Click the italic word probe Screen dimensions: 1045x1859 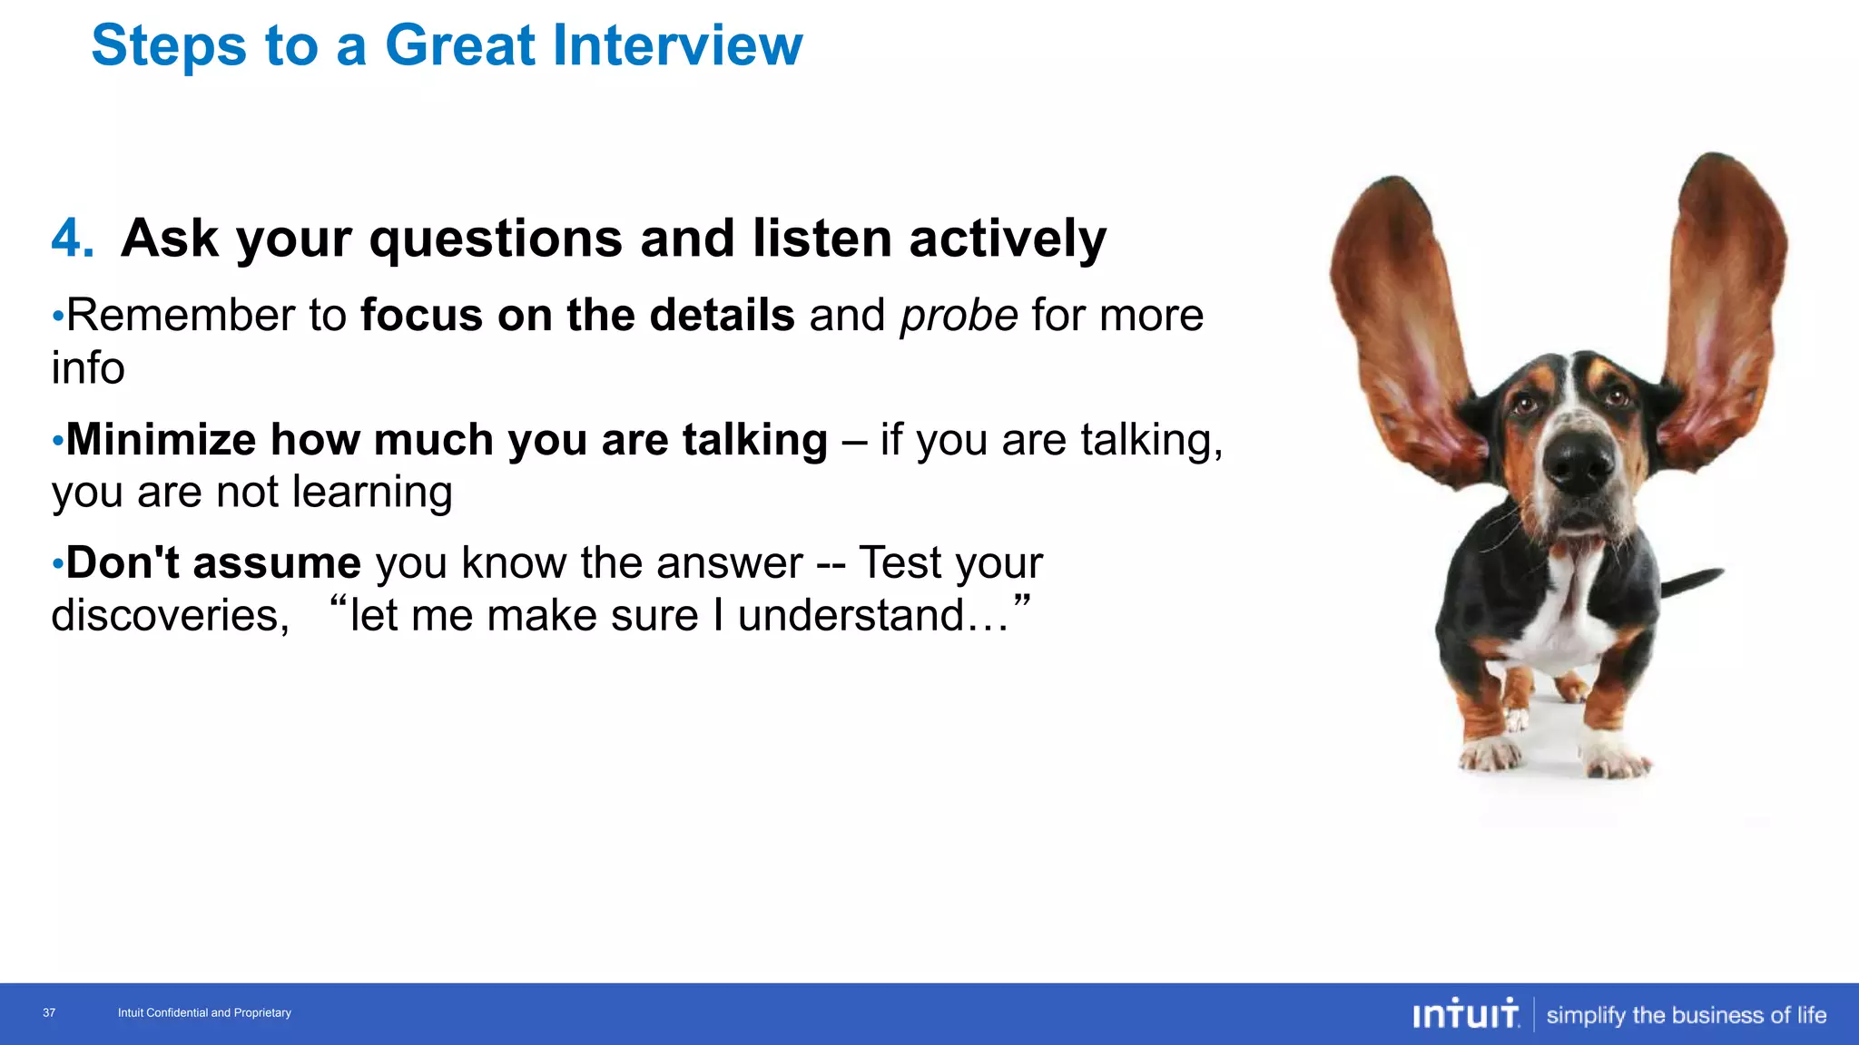(x=959, y=317)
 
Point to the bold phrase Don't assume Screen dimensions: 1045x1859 (x=213, y=563)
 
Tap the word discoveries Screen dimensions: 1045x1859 (x=170, y=616)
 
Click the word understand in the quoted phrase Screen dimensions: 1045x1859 (x=851, y=616)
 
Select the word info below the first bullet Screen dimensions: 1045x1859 (x=87, y=368)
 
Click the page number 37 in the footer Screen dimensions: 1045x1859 (x=49, y=1013)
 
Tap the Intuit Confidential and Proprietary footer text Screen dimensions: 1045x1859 (x=204, y=1013)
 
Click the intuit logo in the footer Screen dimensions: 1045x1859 (x=1465, y=1014)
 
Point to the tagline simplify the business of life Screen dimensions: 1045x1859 (x=1686, y=1015)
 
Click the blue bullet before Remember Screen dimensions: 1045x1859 (x=57, y=317)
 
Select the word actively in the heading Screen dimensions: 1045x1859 (x=1008, y=239)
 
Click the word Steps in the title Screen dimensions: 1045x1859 (x=169, y=45)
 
